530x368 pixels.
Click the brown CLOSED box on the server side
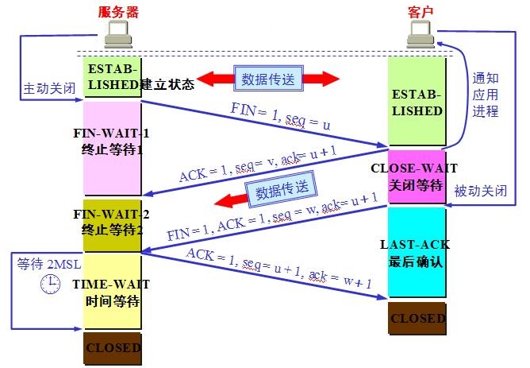point(112,347)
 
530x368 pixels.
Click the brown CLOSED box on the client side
point(416,318)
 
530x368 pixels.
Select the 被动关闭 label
point(478,192)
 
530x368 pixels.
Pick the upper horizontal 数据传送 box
point(267,79)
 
